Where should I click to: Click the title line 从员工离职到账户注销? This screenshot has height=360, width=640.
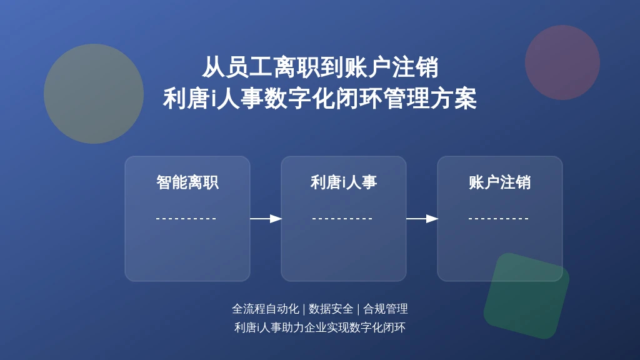(x=320, y=67)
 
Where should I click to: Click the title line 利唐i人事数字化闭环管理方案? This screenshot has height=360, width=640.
(x=320, y=99)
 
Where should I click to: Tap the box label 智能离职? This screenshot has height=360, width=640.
(x=187, y=182)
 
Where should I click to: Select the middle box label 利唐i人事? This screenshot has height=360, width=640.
(x=344, y=182)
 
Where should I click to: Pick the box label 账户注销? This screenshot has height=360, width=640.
(x=499, y=182)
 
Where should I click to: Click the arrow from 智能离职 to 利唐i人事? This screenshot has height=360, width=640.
(x=266, y=219)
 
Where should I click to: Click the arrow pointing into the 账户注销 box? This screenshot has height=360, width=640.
(x=422, y=219)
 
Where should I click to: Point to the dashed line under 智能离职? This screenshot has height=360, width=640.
(x=186, y=219)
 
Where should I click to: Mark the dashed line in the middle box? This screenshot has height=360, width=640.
(x=342, y=219)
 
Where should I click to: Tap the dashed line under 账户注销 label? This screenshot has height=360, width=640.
(x=498, y=219)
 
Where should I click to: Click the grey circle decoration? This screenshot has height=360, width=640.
(x=94, y=94)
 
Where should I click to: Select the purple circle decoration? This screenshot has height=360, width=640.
(x=562, y=62)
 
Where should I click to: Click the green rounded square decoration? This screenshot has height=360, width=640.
(x=526, y=296)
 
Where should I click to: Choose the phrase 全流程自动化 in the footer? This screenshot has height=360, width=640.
(x=266, y=309)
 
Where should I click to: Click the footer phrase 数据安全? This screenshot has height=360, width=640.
(x=331, y=309)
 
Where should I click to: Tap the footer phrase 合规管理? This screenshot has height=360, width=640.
(x=385, y=309)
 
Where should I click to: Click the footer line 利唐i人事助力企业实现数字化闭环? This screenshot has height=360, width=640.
(x=320, y=327)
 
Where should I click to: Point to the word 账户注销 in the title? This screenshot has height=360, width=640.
(x=391, y=67)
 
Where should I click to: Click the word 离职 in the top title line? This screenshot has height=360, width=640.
(x=297, y=67)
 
